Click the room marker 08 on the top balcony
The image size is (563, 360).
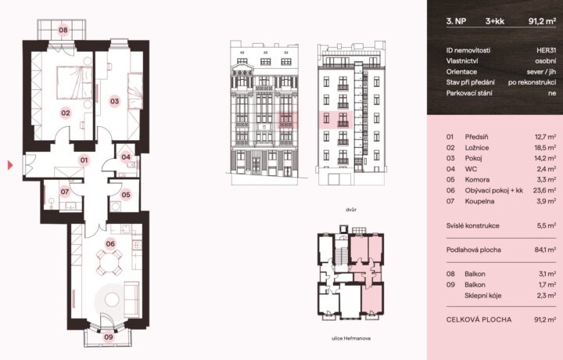63,30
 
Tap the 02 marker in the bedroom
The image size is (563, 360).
66,113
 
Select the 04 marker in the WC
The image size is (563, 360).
126,157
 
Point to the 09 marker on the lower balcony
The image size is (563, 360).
109,337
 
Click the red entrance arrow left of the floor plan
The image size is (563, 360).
10,165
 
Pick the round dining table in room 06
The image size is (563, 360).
109,263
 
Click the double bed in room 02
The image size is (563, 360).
74,82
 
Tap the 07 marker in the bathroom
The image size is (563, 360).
65,192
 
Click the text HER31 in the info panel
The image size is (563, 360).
546,50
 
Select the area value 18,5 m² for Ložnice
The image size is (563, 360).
546,147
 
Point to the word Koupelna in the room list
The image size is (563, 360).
479,201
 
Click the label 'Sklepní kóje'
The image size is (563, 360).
483,296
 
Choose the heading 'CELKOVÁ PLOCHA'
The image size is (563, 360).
479,319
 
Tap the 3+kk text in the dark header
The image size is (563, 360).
495,21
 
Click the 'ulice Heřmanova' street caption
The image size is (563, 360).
351,338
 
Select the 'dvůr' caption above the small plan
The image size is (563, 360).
351,210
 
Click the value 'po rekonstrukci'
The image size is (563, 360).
533,82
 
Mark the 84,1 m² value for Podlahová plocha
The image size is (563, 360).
546,250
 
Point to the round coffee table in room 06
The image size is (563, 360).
112,300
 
